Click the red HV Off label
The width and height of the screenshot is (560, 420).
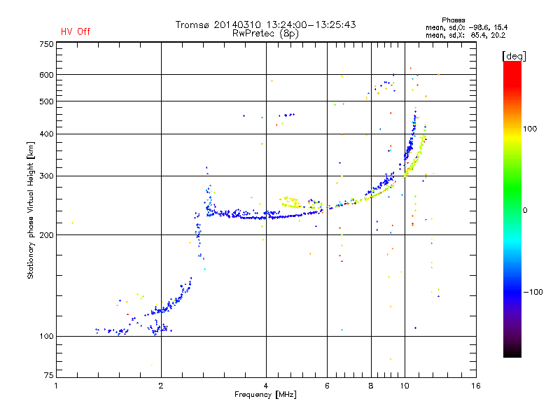point(76,31)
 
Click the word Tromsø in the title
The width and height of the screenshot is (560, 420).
point(193,24)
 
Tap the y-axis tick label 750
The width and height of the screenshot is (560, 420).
point(46,43)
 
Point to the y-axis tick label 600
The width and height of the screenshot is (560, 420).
point(46,75)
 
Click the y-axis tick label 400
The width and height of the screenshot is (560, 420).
point(46,134)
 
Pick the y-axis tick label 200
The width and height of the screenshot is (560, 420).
point(46,235)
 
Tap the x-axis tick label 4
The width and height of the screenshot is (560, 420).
point(266,386)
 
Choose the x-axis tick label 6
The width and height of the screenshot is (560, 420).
point(327,386)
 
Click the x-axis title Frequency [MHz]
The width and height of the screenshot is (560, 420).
point(266,395)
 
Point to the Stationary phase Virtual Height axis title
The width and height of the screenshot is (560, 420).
point(30,211)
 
